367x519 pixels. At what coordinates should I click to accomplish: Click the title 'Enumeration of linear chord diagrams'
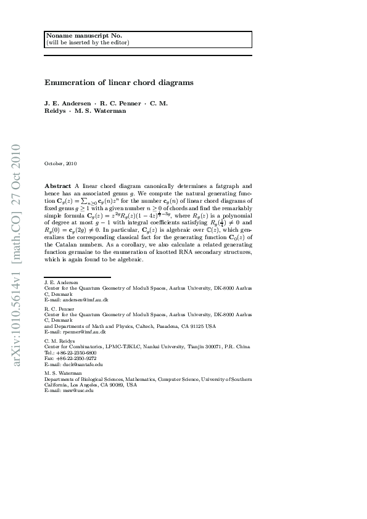click(119, 82)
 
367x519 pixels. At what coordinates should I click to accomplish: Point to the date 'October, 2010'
click(60, 163)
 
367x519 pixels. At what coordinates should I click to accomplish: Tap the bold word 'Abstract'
click(58, 186)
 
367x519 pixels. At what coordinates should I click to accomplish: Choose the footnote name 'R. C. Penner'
click(59, 308)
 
